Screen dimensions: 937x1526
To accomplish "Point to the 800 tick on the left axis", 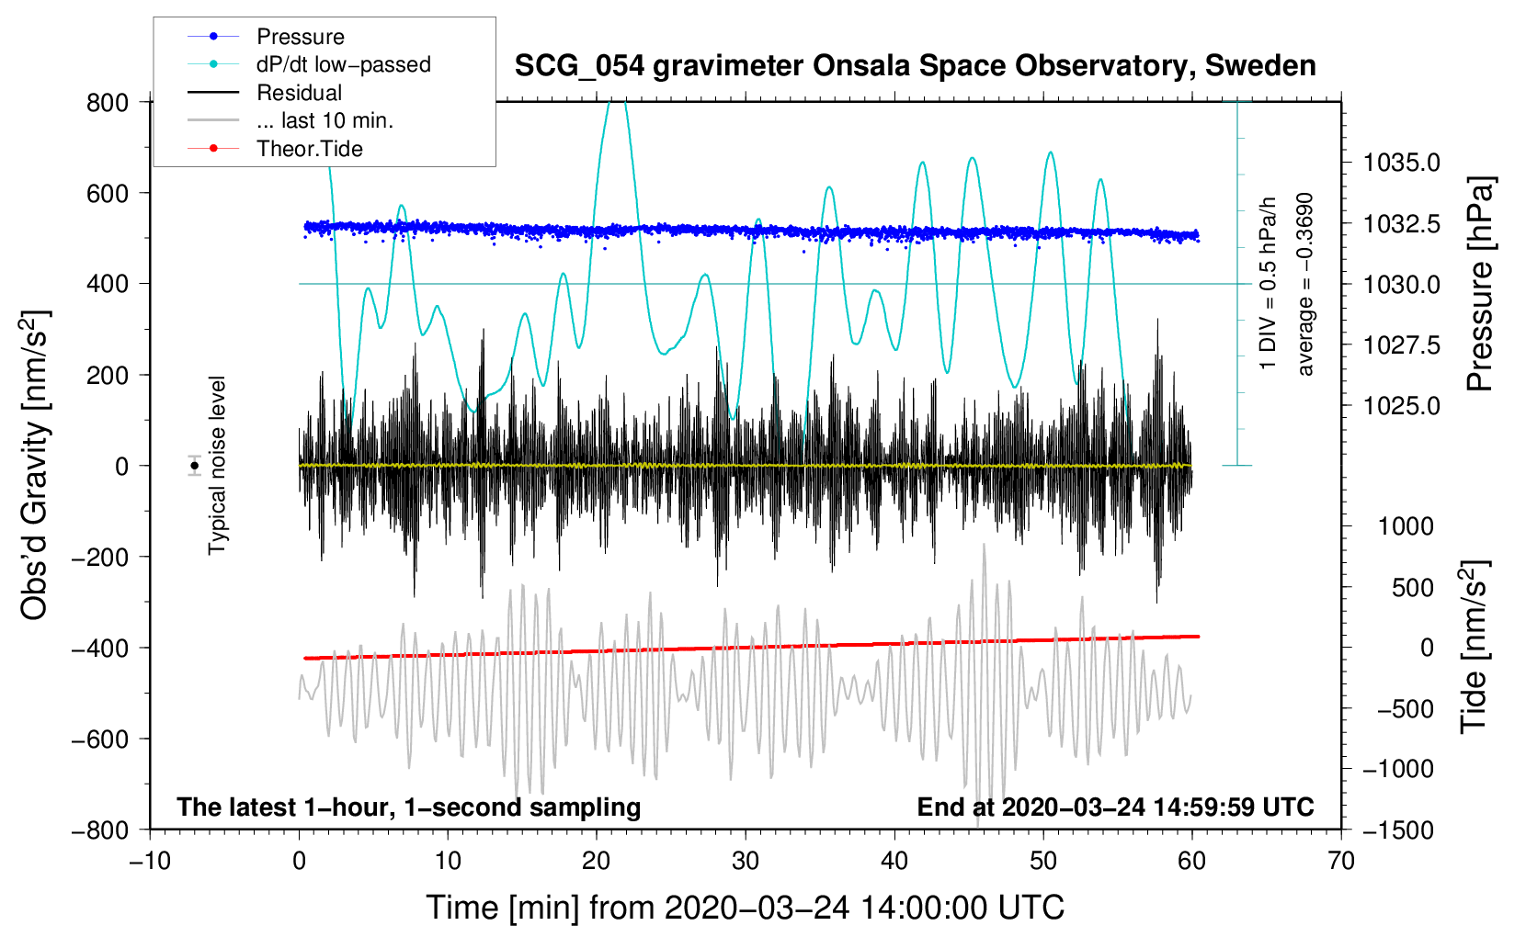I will tap(108, 102).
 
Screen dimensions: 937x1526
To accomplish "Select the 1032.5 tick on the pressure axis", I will tap(1401, 224).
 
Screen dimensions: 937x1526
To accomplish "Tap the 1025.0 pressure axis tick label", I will tap(1401, 406).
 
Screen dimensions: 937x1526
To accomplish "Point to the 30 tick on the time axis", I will tap(746, 861).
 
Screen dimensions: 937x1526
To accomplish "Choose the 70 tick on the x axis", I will tap(1341, 861).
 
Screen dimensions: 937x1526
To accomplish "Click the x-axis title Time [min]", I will tap(746, 908).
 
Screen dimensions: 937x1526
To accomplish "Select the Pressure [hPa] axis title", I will tap(1479, 285).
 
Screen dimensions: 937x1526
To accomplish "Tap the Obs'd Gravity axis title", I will tap(35, 465).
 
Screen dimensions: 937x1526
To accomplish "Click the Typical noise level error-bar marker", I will tap(195, 466).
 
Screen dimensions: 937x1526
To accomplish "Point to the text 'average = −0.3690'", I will tap(1305, 285).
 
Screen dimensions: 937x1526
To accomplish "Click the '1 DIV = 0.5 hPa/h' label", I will tap(1269, 283).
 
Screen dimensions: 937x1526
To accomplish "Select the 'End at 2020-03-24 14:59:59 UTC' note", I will tap(1115, 807).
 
